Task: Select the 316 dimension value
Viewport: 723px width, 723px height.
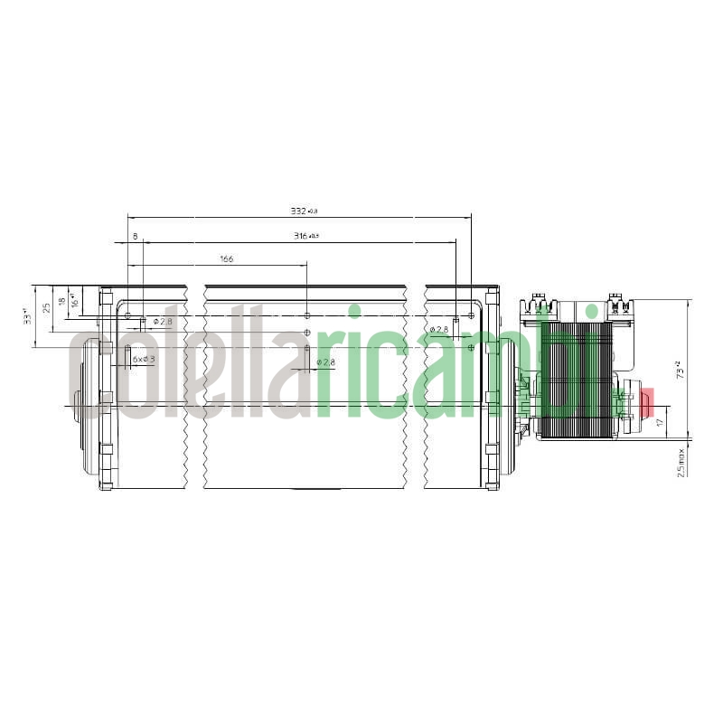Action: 305,236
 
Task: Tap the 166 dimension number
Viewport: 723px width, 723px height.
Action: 226,259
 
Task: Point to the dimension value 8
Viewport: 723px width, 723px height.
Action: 136,236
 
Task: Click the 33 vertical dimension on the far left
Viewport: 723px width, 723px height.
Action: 28,316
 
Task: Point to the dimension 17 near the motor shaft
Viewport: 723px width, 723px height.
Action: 660,421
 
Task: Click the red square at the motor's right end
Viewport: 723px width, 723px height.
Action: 646,399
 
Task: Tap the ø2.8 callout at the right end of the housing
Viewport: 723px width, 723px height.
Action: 439,330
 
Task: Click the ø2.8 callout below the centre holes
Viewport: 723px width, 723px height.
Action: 325,362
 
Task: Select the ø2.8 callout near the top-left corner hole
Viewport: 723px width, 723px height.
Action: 164,321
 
